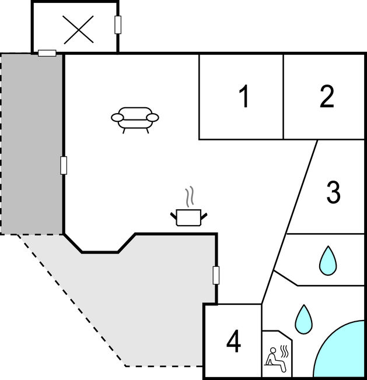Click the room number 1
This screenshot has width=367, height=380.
pyautogui.click(x=244, y=96)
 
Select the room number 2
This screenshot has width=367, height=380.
pyautogui.click(x=327, y=96)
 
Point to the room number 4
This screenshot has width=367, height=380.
pyautogui.click(x=233, y=341)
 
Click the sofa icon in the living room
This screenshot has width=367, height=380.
pyautogui.click(x=135, y=120)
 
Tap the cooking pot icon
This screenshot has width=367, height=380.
pyautogui.click(x=188, y=217)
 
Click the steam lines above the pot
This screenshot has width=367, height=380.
pyautogui.click(x=190, y=196)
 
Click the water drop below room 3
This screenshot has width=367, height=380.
pyautogui.click(x=328, y=261)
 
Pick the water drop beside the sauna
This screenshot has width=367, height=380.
pyautogui.click(x=303, y=319)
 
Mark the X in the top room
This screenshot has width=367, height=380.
pyautogui.click(x=78, y=30)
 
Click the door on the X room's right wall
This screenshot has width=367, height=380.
pyautogui.click(x=118, y=24)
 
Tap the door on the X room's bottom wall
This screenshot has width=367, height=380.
pyautogui.click(x=47, y=53)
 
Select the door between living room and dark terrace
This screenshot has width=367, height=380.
pyautogui.click(x=64, y=166)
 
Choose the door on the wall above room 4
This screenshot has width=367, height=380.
pyautogui.click(x=216, y=275)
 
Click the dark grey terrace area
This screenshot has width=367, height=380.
pyautogui.click(x=32, y=144)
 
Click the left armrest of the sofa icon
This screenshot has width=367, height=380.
pyautogui.click(x=117, y=118)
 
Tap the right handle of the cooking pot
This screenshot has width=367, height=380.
pyautogui.click(x=204, y=216)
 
